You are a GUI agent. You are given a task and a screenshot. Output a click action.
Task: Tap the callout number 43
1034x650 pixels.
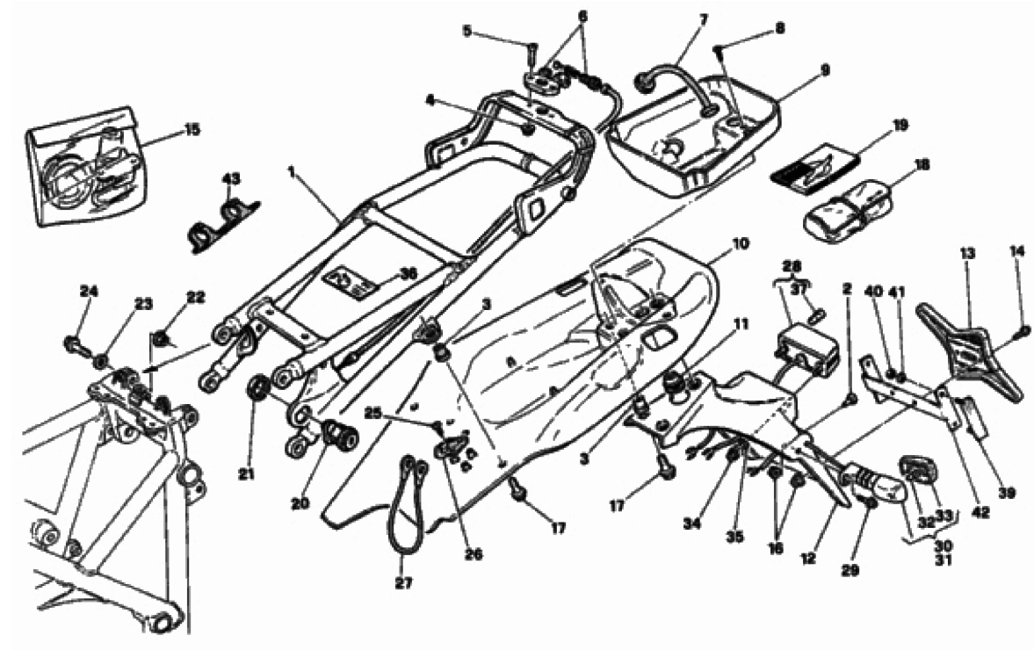click(231, 178)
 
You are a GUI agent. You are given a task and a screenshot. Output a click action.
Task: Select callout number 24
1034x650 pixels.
click(89, 290)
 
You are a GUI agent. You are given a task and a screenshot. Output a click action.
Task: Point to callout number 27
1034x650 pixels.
click(403, 583)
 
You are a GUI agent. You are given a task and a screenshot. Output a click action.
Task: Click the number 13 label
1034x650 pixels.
click(966, 253)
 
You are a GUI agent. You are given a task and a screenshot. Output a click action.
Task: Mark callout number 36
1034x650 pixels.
click(409, 273)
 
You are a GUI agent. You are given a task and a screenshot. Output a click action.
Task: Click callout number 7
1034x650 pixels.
click(703, 20)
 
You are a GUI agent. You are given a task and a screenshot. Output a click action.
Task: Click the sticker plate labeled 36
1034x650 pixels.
click(351, 279)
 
